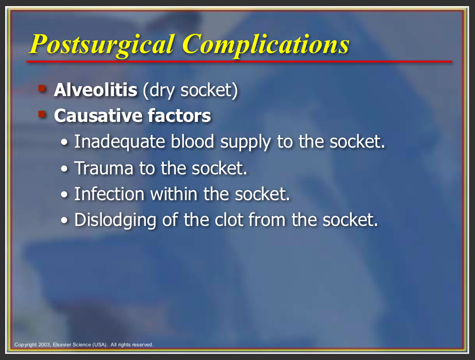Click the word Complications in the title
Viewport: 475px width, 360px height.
[266, 45]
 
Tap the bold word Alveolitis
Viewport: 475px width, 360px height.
[96, 90]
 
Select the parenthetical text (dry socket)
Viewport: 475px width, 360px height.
[190, 90]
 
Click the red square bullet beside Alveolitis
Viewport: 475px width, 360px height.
[42, 89]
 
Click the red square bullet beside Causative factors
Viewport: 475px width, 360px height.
[42, 114]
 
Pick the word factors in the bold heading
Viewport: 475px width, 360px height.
[179, 116]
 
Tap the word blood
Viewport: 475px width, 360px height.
[192, 142]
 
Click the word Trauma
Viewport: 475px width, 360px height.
[104, 168]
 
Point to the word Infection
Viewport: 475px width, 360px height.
[109, 194]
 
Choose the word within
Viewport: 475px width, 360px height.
[174, 194]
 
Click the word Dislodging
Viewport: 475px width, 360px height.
[115, 220]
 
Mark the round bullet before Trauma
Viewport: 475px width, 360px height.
[64, 169]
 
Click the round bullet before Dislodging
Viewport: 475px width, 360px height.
[64, 220]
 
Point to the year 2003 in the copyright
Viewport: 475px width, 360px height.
[44, 345]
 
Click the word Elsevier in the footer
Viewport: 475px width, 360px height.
[62, 345]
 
